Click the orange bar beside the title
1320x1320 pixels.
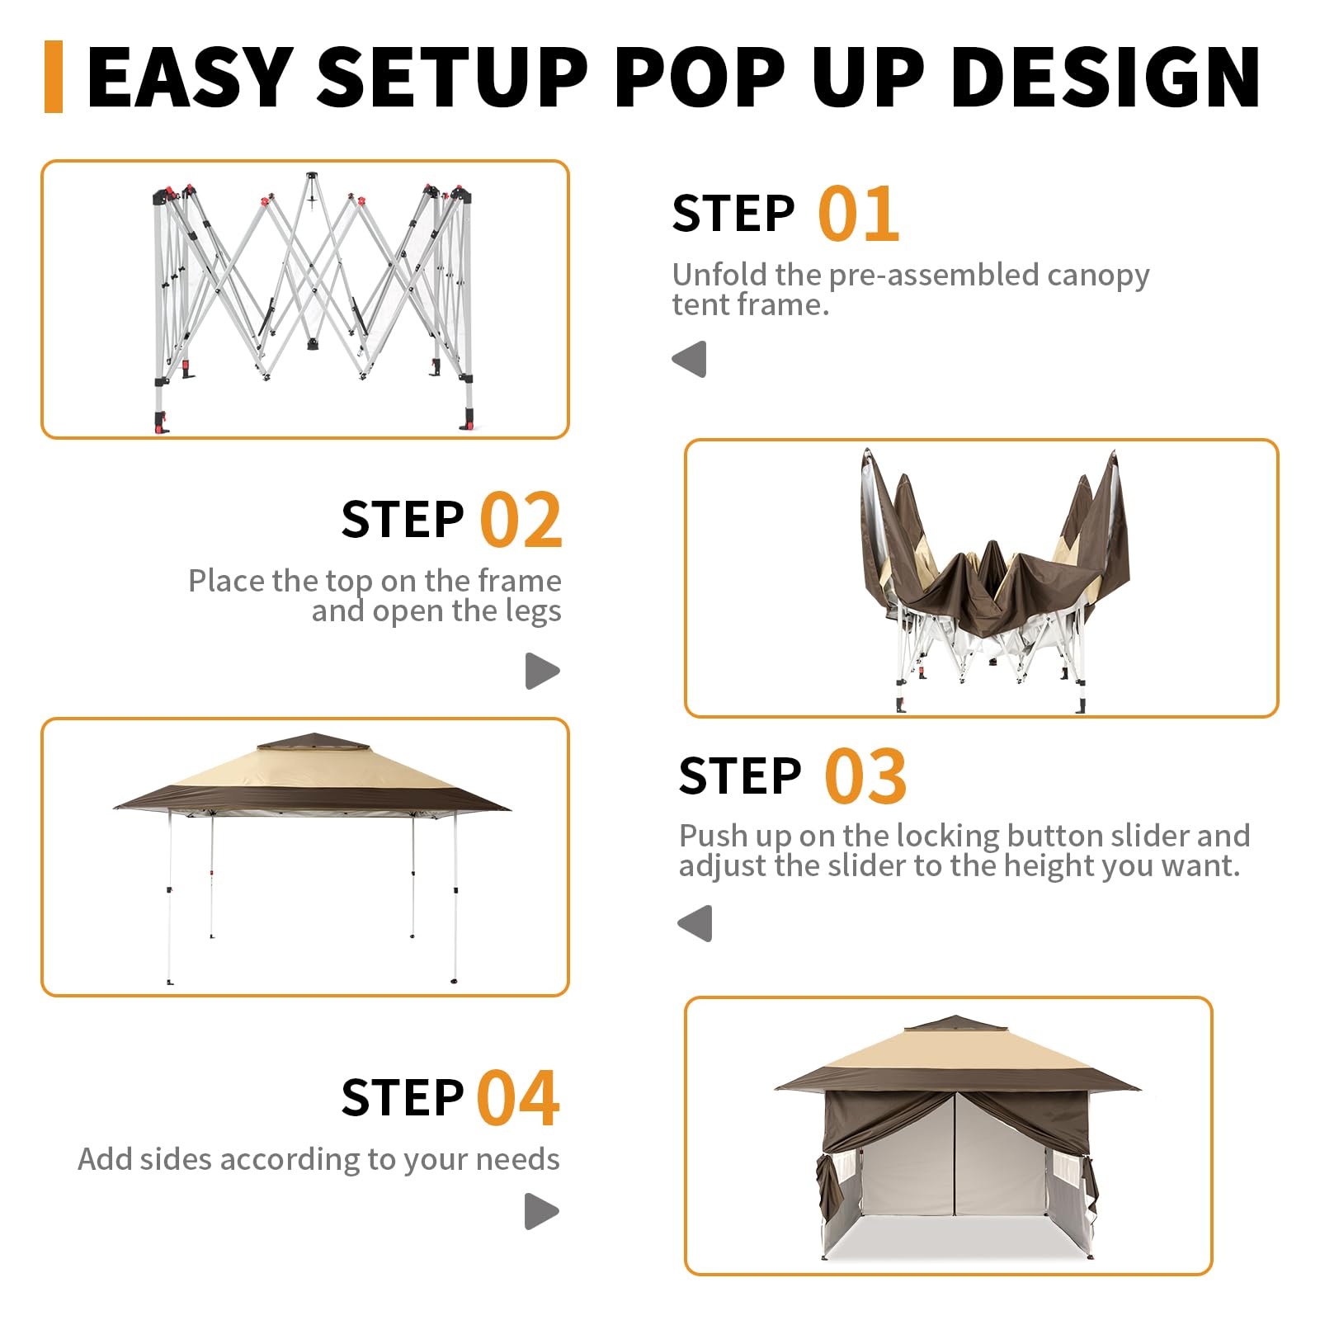[54, 76]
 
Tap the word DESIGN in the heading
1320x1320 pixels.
[1105, 77]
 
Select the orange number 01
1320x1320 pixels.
[858, 214]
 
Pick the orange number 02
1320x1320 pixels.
[521, 520]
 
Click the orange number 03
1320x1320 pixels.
[865, 776]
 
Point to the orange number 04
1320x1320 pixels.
[519, 1098]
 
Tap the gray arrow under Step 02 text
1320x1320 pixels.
[543, 671]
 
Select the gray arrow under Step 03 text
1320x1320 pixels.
[695, 923]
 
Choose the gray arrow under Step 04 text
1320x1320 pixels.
[542, 1211]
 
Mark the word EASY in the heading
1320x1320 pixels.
[191, 77]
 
